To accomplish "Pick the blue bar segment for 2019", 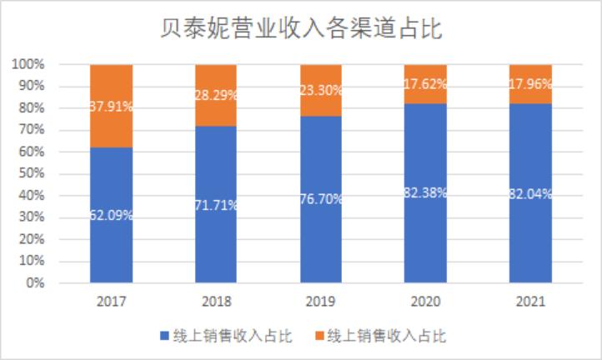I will pyautogui.click(x=321, y=242).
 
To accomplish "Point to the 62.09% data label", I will pyautogui.click(x=112, y=215).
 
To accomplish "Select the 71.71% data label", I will pyautogui.click(x=216, y=204).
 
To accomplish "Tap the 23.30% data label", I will pyautogui.click(x=321, y=90).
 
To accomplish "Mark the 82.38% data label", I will pyautogui.click(x=425, y=192).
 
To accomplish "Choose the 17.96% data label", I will pyautogui.click(x=530, y=84).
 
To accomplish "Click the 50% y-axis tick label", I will pyautogui.click(x=32, y=174).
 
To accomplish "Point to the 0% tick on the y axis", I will pyautogui.click(x=35, y=283).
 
